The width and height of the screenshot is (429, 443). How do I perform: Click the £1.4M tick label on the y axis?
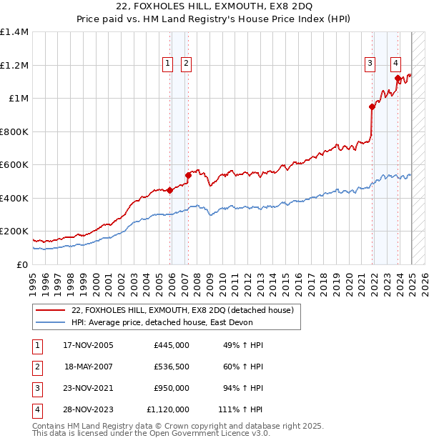(x=14, y=32)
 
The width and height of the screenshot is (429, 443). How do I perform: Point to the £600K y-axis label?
(x=14, y=164)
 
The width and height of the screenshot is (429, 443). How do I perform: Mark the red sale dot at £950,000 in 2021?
(x=372, y=106)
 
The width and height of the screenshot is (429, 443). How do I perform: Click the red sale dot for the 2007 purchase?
(x=188, y=174)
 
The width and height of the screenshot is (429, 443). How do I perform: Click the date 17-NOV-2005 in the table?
(x=89, y=345)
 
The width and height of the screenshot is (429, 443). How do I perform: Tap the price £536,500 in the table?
(x=172, y=367)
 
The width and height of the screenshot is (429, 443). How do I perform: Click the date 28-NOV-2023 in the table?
(x=89, y=409)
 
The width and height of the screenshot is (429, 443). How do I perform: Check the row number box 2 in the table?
(x=35, y=367)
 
